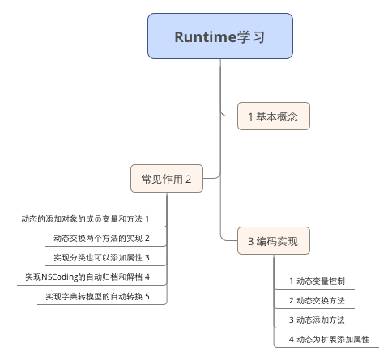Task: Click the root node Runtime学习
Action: (x=220, y=36)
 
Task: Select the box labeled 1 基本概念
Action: (x=274, y=116)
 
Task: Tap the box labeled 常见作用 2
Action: (x=167, y=178)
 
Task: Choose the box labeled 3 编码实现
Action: (x=274, y=240)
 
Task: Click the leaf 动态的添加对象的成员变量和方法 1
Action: (x=85, y=218)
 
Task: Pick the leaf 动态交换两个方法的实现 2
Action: (x=101, y=238)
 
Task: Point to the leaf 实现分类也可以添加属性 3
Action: (x=101, y=257)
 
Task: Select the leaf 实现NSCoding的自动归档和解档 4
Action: (x=87, y=277)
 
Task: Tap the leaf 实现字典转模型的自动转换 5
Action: (x=97, y=296)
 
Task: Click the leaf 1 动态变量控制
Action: (x=317, y=281)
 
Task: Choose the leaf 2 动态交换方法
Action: (x=317, y=300)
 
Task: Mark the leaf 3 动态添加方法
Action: (x=317, y=320)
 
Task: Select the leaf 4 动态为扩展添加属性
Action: (x=329, y=339)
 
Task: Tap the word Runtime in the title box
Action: (x=205, y=36)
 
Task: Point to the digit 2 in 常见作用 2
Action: (x=188, y=179)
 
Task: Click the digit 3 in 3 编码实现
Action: (x=251, y=241)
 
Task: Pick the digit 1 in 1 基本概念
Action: (x=251, y=116)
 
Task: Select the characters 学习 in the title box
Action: (x=250, y=36)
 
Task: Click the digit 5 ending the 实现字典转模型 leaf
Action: (x=147, y=296)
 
